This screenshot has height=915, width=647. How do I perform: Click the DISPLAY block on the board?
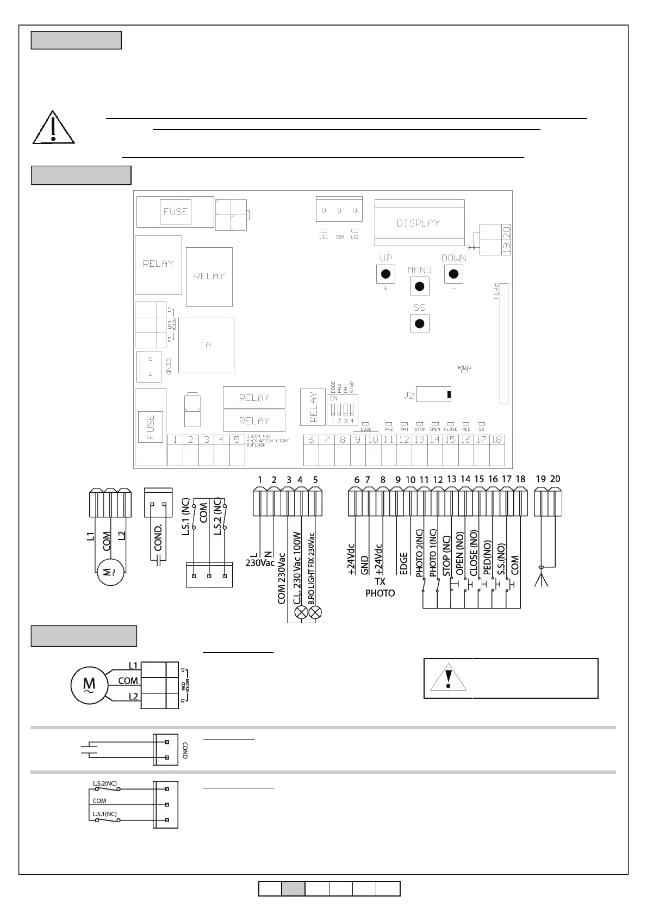[419, 223]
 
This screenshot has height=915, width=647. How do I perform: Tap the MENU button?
[419, 286]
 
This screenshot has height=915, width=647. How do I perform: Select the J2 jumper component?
[433, 395]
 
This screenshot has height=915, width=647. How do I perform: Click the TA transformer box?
[206, 344]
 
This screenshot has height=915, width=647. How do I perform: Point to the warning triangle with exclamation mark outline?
[53, 128]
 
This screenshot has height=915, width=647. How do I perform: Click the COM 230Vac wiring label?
[282, 578]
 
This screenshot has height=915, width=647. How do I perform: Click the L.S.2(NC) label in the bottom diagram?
[105, 784]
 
